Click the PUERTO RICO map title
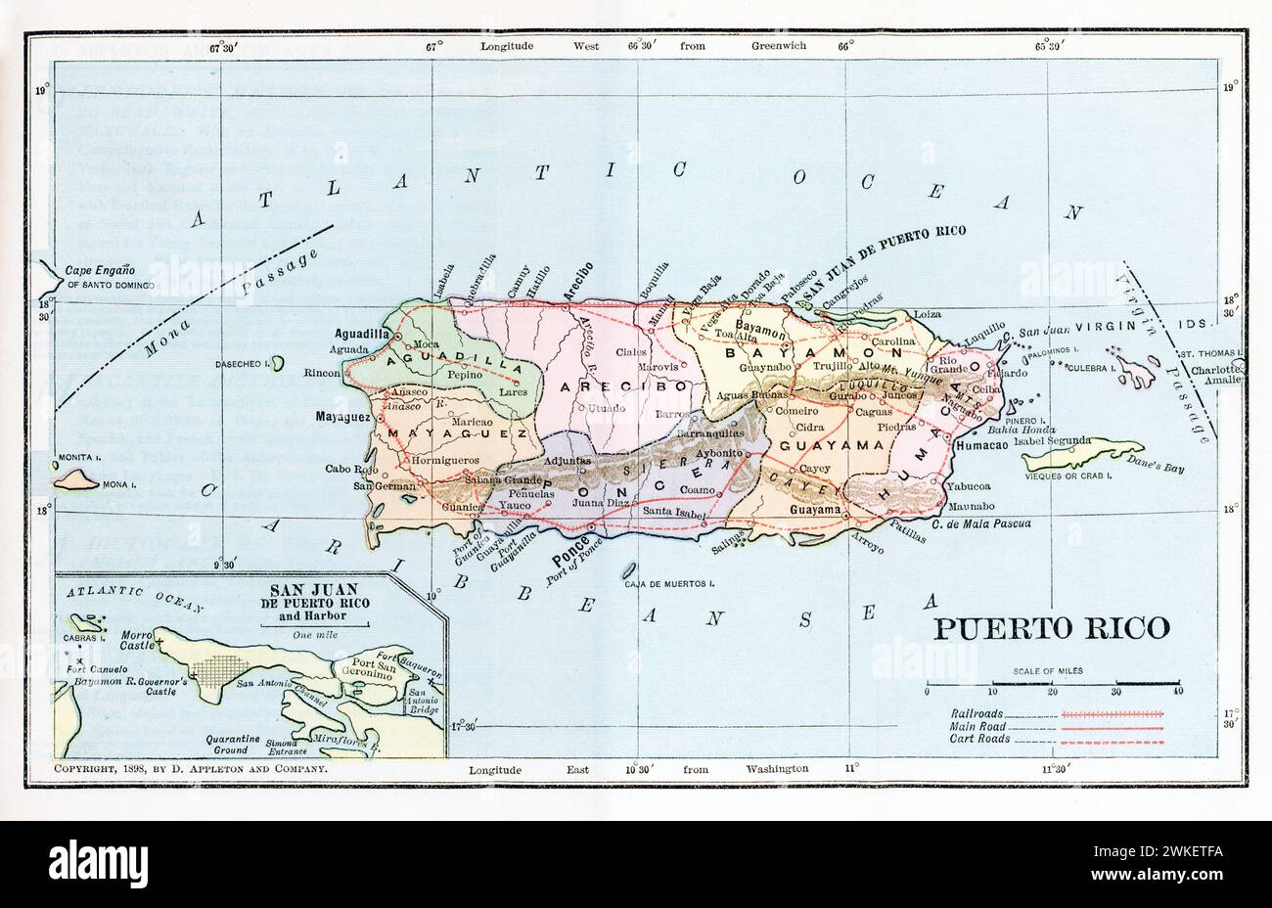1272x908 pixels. point(1050,627)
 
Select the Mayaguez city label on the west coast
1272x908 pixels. point(342,416)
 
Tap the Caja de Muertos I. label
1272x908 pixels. point(669,584)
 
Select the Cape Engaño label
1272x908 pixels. point(99,271)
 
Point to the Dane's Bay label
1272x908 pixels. point(1157,469)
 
